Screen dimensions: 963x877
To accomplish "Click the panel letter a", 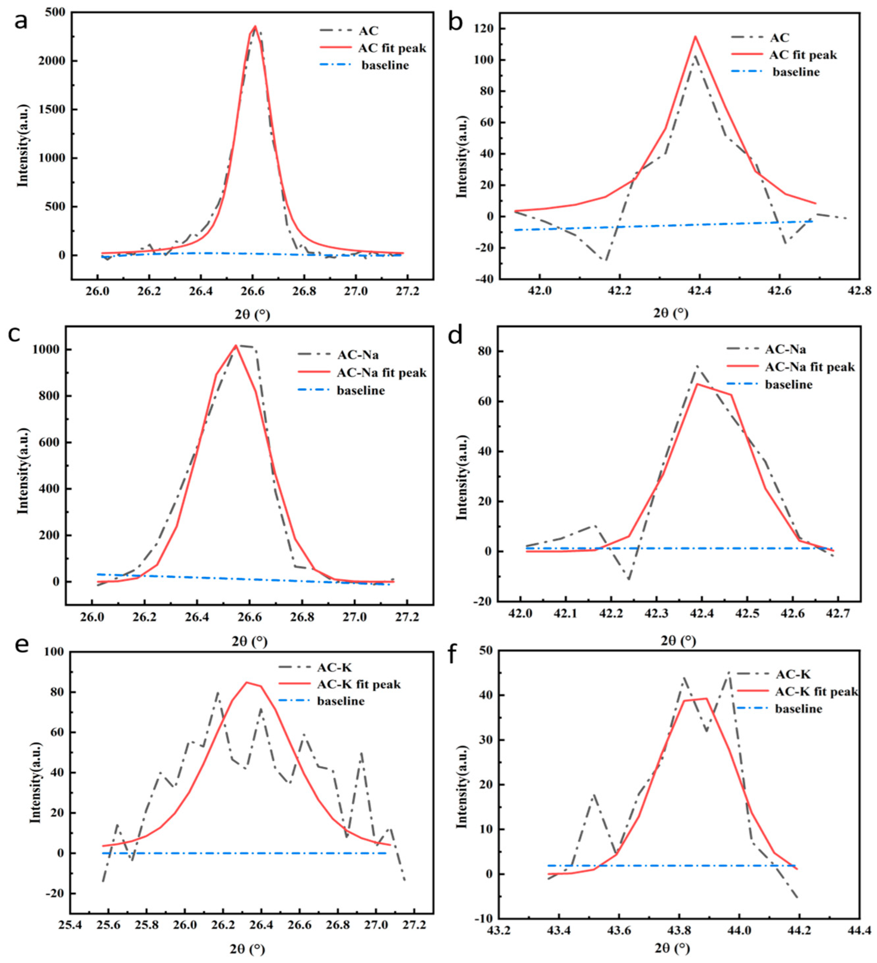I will pyautogui.click(x=20, y=21).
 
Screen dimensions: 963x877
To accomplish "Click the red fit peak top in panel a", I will pyautogui.click(x=255, y=26).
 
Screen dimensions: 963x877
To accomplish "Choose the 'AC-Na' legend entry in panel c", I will pyautogui.click(x=358, y=355).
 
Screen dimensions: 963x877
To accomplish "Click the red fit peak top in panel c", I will pyautogui.click(x=236, y=345).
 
